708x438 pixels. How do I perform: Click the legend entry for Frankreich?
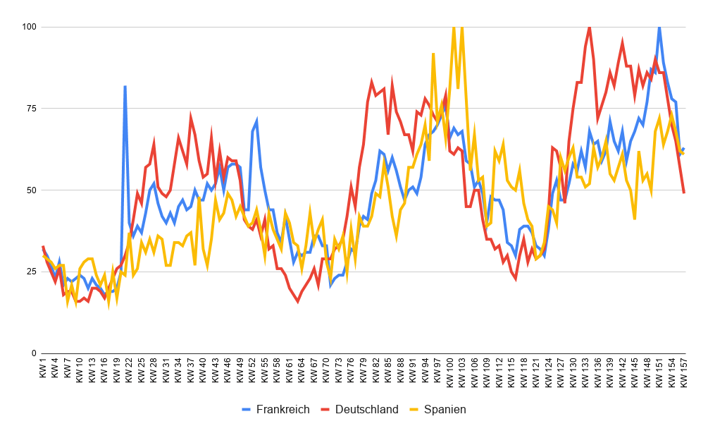[x=282, y=410]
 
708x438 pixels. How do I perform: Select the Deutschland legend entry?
[x=366, y=410]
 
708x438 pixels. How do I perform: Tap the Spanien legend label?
[x=445, y=410]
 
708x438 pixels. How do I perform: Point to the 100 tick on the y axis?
[x=28, y=27]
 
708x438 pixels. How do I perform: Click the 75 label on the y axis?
[x=30, y=109]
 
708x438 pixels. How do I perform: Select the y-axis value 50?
[x=30, y=190]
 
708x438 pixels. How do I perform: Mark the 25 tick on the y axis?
[x=30, y=272]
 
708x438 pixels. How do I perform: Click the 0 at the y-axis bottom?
[x=33, y=353]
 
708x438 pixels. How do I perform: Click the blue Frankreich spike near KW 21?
[x=125, y=86]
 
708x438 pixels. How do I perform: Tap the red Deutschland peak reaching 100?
[x=589, y=27]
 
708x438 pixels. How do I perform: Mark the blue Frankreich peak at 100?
[x=659, y=27]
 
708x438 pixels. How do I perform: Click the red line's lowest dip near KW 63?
[x=297, y=301]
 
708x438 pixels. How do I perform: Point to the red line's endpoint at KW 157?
[x=684, y=193]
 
